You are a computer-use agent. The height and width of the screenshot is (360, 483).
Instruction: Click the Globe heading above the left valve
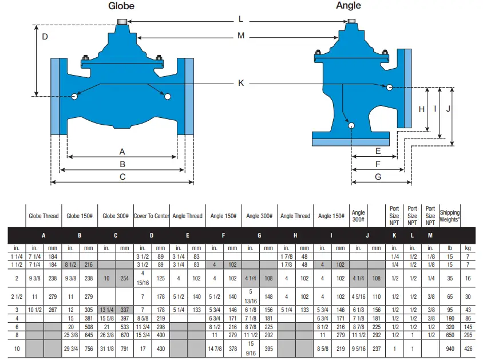[121, 6]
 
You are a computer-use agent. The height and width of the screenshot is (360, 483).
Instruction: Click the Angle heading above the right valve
[348, 5]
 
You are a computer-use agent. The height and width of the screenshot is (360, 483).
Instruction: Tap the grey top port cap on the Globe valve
[121, 22]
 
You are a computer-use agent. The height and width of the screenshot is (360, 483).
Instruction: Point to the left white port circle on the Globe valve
[75, 96]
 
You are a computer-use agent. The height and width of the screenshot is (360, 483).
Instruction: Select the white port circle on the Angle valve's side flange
[389, 87]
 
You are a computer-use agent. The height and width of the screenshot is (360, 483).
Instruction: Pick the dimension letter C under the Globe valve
[122, 177]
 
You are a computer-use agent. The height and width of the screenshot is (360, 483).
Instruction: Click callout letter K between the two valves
[241, 83]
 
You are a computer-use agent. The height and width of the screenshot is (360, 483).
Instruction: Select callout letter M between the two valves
[241, 36]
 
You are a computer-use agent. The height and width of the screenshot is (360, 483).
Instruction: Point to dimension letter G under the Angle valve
[378, 177]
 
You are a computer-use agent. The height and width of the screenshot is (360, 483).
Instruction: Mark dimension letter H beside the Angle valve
[421, 109]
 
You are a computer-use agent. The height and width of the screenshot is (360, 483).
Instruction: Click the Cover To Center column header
[152, 216]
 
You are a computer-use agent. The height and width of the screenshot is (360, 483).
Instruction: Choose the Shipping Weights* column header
[450, 216]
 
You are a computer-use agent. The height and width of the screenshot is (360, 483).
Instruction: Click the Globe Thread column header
[43, 216]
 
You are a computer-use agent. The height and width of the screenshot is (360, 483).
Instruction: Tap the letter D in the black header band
[152, 235]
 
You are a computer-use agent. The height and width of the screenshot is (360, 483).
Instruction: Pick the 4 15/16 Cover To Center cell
[142, 278]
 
